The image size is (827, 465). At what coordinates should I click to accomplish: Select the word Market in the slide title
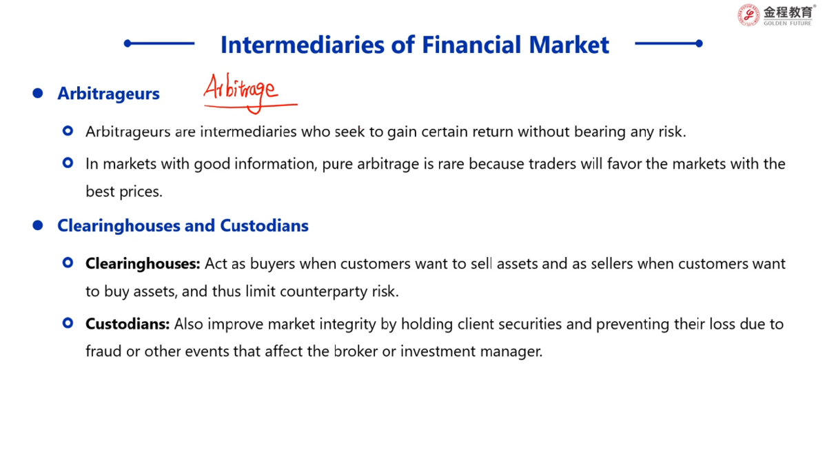point(569,45)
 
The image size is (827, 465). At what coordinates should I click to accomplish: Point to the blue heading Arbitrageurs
point(109,94)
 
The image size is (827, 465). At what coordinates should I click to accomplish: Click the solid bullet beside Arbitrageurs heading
point(38,93)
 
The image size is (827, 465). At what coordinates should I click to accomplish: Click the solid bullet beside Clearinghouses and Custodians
point(38,225)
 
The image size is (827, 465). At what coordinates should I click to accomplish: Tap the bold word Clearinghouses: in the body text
point(143,263)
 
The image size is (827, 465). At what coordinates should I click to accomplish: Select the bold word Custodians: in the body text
point(127,324)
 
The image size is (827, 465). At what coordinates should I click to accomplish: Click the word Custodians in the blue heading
point(265,225)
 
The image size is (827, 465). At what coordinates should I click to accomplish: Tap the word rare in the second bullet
point(451,165)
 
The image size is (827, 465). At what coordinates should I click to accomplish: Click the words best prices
point(124,192)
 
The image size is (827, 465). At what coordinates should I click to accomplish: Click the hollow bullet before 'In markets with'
point(68,163)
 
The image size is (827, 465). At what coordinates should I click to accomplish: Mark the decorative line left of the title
point(159,43)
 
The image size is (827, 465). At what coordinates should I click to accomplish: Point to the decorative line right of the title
point(668,43)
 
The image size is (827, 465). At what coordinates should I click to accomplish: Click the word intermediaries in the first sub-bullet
point(248,132)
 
